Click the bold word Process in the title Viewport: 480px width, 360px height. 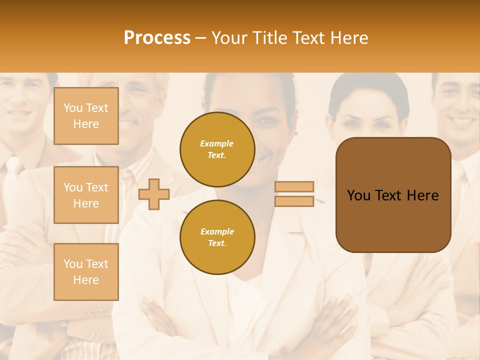click(157, 37)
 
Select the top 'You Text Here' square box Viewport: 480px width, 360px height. click(86, 116)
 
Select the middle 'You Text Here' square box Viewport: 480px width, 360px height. click(86, 195)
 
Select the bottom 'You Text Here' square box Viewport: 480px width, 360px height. click(86, 272)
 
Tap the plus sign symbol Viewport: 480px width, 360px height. click(154, 194)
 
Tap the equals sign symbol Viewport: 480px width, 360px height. click(294, 194)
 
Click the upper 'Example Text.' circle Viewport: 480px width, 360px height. click(217, 149)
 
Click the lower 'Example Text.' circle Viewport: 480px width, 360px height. click(217, 237)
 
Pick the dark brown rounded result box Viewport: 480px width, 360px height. click(393, 195)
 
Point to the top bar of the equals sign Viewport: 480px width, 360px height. click(294, 186)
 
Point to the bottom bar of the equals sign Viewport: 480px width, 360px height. click(294, 201)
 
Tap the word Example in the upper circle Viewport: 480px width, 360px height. click(217, 143)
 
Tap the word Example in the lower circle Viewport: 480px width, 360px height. click(217, 231)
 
